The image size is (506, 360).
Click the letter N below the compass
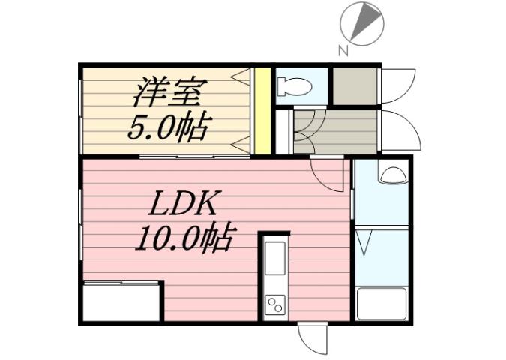pyautogui.click(x=342, y=51)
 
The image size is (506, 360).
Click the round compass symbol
pyautogui.click(x=362, y=22)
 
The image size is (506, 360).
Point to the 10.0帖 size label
pyautogui.click(x=184, y=239)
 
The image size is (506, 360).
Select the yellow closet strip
pyautogui.click(x=262, y=110)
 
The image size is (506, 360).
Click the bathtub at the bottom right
pyautogui.click(x=380, y=303)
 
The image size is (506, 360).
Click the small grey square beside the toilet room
pyautogui.click(x=354, y=86)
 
